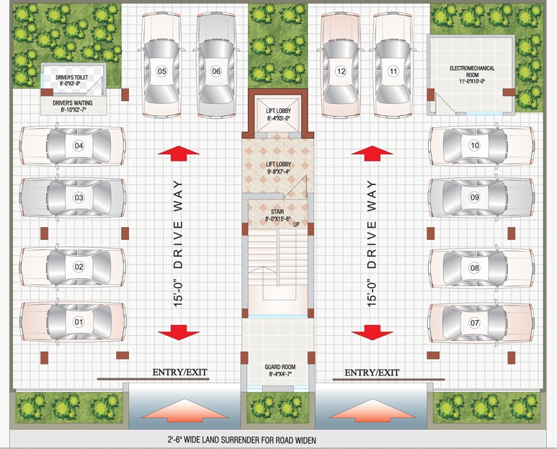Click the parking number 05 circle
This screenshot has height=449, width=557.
click(161, 71)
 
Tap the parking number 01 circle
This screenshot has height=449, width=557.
click(79, 322)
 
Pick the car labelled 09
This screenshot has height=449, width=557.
click(481, 197)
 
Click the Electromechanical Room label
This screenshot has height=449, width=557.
click(472, 75)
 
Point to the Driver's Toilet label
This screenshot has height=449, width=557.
click(72, 80)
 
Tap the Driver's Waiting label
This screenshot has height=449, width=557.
click(73, 106)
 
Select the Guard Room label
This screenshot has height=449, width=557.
click(280, 370)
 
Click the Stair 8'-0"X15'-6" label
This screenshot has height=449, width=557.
click(278, 215)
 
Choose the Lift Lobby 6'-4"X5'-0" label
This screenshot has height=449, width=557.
click(278, 115)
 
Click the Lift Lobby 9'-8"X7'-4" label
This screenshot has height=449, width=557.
click(278, 168)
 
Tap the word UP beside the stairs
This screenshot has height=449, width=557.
click(296, 225)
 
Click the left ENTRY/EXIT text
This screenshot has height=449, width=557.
click(179, 373)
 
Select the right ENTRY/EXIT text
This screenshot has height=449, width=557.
click(372, 373)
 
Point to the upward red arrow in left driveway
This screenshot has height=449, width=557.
click(179, 153)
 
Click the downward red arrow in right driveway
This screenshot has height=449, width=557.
click(373, 332)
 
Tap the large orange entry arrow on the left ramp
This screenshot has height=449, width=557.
click(184, 410)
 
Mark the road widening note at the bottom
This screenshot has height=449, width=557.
click(242, 440)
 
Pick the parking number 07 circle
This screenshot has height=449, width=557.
click(475, 323)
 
